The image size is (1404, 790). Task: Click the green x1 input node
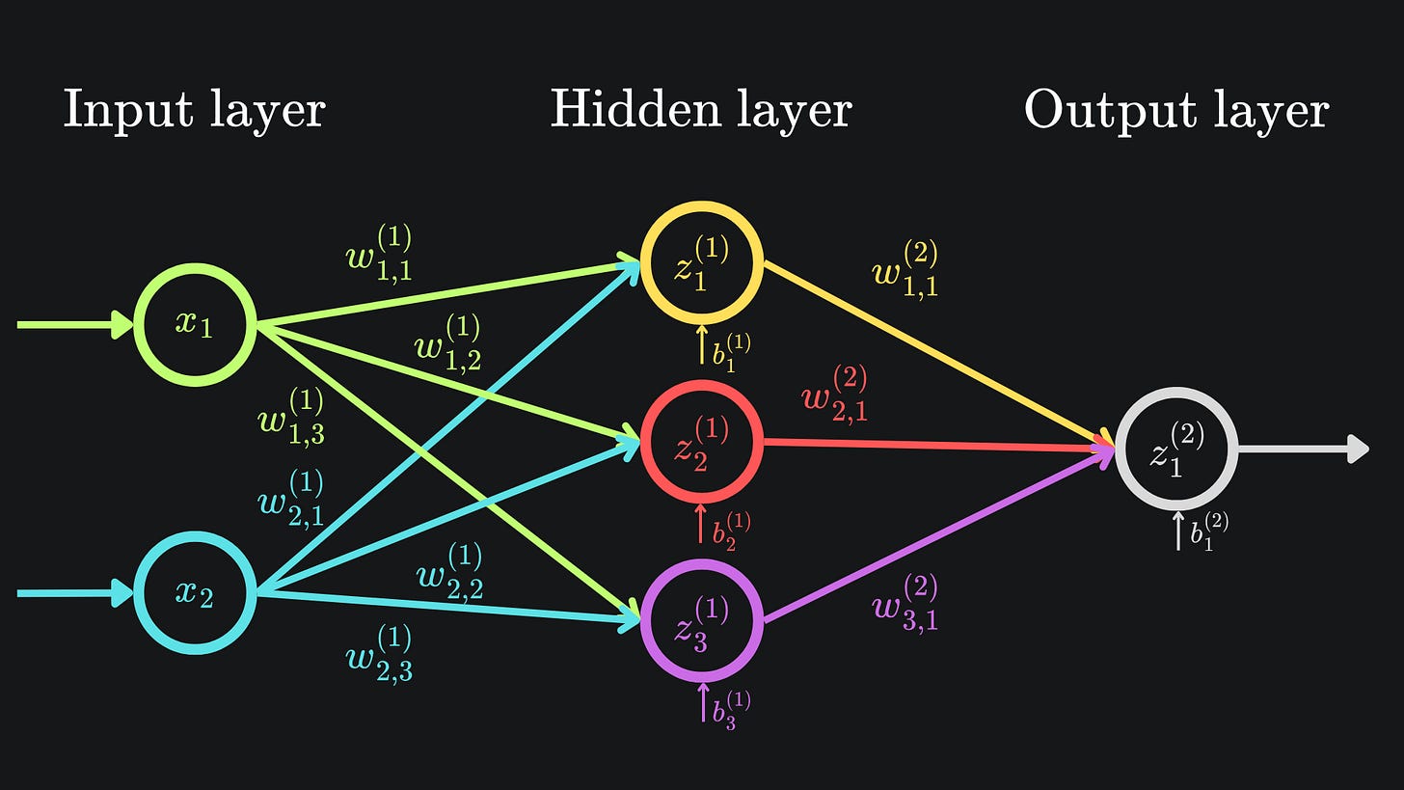[195, 324]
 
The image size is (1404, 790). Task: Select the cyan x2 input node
[195, 592]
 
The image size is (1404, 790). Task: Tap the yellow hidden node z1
[701, 262]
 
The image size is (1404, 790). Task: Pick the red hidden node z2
[701, 442]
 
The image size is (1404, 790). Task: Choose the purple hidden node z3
[701, 622]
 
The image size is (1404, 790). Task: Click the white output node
[1175, 449]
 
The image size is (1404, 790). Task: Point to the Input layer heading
[194, 110]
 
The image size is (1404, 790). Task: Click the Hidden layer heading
[701, 110]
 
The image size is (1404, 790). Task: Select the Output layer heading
[1175, 110]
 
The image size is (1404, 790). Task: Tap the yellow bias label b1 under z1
[731, 351]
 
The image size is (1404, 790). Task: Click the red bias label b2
[731, 529]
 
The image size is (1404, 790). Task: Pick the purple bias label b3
[731, 709]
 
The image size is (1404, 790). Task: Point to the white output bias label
[1208, 531]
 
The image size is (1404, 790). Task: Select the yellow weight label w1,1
[904, 270]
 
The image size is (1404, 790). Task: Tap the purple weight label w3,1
[904, 604]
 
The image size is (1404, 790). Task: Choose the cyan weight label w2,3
[379, 655]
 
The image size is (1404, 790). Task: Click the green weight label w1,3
[291, 418]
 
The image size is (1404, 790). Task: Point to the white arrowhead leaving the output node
[1358, 449]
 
